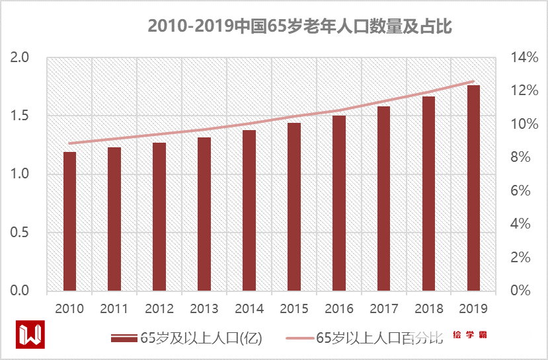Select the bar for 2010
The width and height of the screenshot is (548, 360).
69,221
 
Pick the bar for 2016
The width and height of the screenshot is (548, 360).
339,203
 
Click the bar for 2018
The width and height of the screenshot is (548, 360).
428,194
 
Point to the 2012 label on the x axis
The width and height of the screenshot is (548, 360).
159,308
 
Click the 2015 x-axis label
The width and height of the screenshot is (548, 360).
294,308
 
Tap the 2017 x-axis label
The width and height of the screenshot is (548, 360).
384,308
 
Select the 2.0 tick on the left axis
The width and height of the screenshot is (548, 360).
21,57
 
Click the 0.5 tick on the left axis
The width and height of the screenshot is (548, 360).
21,233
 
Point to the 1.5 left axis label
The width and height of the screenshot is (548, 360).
21,116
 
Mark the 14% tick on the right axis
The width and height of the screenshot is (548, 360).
520,57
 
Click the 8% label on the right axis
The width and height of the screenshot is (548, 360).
520,157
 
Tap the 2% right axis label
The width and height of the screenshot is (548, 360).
520,258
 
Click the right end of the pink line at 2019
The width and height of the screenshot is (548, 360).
473,81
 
